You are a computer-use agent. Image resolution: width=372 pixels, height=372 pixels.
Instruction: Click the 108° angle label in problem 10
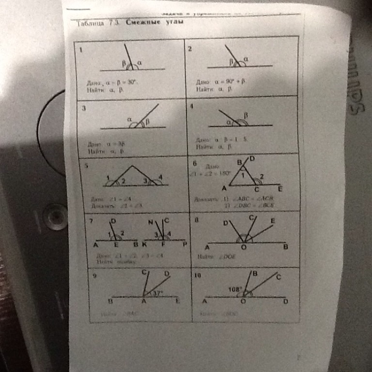235,289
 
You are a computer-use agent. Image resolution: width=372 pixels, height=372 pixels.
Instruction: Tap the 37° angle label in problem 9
158,293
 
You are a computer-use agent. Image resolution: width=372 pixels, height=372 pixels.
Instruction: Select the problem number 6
194,164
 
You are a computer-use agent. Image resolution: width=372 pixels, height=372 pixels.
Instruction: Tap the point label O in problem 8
244,247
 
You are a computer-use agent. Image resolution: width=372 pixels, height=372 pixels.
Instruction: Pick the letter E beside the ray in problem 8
273,220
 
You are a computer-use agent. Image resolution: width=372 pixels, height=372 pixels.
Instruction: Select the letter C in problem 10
279,277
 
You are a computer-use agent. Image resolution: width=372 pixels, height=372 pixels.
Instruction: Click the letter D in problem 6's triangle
252,158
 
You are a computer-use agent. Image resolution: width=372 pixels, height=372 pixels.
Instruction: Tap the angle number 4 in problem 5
160,176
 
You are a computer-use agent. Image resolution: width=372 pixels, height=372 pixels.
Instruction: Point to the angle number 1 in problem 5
108,178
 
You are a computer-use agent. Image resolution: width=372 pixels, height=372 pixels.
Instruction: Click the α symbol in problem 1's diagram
139,62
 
